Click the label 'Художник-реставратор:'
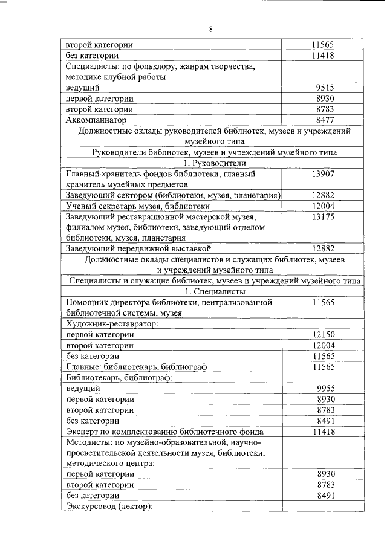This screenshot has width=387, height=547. [112, 324]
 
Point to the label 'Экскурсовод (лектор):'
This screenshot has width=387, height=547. [109, 507]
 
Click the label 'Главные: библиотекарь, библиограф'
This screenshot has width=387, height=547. [134, 367]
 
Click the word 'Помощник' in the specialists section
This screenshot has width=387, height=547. [89, 302]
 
